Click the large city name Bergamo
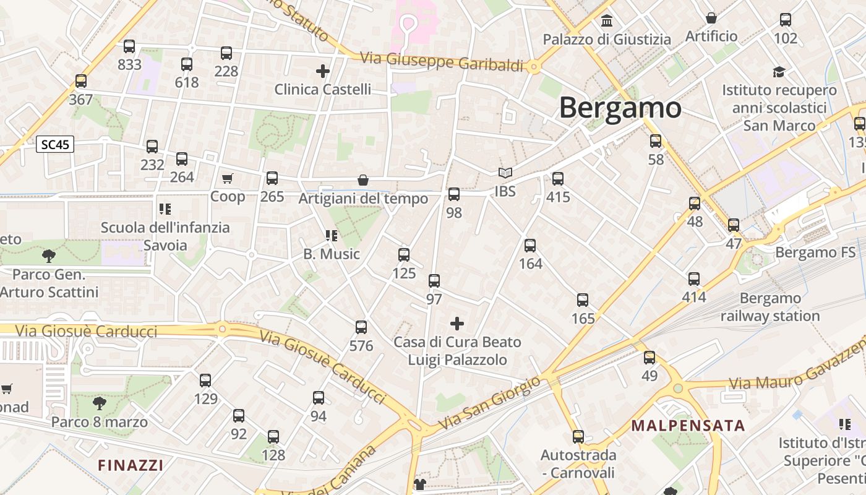pos(620,108)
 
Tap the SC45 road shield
pos(55,145)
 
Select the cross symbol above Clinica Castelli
pos(322,71)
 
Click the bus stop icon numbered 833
pos(129,46)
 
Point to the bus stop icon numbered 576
pos(361,327)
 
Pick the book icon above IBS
pos(505,173)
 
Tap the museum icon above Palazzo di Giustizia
pos(607,21)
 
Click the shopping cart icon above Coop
pos(228,179)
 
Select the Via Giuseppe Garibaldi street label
pos(442,62)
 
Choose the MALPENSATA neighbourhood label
pos(688,426)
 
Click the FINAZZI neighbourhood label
pos(131,465)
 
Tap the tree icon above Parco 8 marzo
pos(99,404)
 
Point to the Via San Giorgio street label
pos(489,404)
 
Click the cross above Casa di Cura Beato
pos(457,324)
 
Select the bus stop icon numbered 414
pos(694,279)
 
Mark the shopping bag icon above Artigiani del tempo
pos(363,180)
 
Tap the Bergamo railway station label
pos(771,308)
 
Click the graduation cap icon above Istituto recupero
pos(779,72)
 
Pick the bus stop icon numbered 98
pos(454,194)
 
